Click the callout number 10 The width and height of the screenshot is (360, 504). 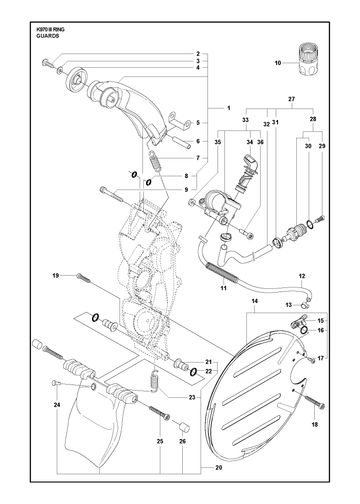pyautogui.click(x=278, y=63)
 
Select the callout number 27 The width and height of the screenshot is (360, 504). pyautogui.click(x=291, y=99)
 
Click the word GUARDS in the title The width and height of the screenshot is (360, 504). pyautogui.click(x=48, y=36)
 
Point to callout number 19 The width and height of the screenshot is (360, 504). pyautogui.click(x=56, y=276)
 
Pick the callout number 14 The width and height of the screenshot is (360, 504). pyautogui.click(x=255, y=301)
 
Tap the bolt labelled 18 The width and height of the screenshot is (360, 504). pyautogui.click(x=314, y=400)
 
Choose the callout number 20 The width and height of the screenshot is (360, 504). pyautogui.click(x=219, y=468)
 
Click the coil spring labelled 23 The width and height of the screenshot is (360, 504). pyautogui.click(x=154, y=380)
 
